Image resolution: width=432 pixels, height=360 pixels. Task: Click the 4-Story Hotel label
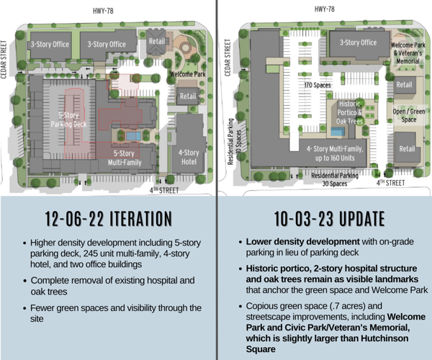189,156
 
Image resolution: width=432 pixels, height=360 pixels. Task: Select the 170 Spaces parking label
318,85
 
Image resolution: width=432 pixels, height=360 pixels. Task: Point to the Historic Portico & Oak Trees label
350,112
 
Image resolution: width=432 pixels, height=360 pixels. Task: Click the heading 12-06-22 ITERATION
108,218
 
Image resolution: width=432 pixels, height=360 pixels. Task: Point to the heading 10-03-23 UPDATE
324,218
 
